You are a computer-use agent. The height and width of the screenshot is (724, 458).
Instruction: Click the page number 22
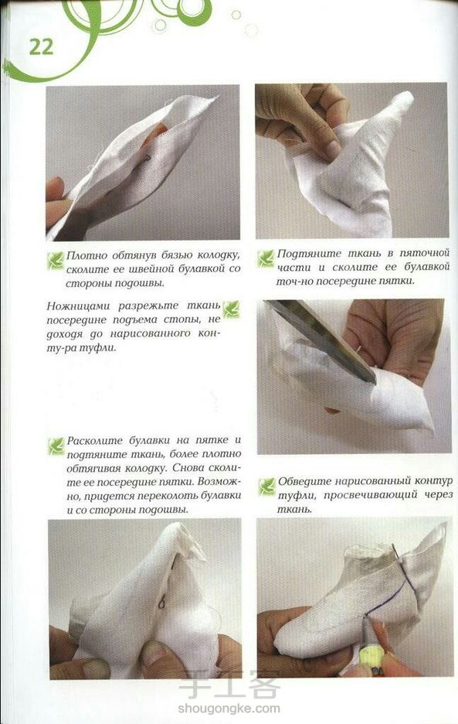pyautogui.click(x=41, y=47)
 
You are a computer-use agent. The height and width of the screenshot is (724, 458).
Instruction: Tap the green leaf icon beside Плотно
pyautogui.click(x=56, y=261)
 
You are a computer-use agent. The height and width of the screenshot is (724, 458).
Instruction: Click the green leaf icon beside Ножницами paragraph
pyautogui.click(x=231, y=309)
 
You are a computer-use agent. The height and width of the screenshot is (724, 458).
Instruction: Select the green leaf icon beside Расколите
pyautogui.click(x=56, y=446)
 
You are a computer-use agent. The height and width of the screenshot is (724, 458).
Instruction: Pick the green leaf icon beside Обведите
pyautogui.click(x=266, y=487)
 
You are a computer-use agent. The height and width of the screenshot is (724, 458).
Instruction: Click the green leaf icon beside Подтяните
pyautogui.click(x=266, y=258)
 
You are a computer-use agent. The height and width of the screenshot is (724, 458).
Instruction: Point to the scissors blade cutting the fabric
pyautogui.click(x=324, y=340)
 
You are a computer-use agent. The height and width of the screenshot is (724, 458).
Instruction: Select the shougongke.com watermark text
pyautogui.click(x=229, y=708)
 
